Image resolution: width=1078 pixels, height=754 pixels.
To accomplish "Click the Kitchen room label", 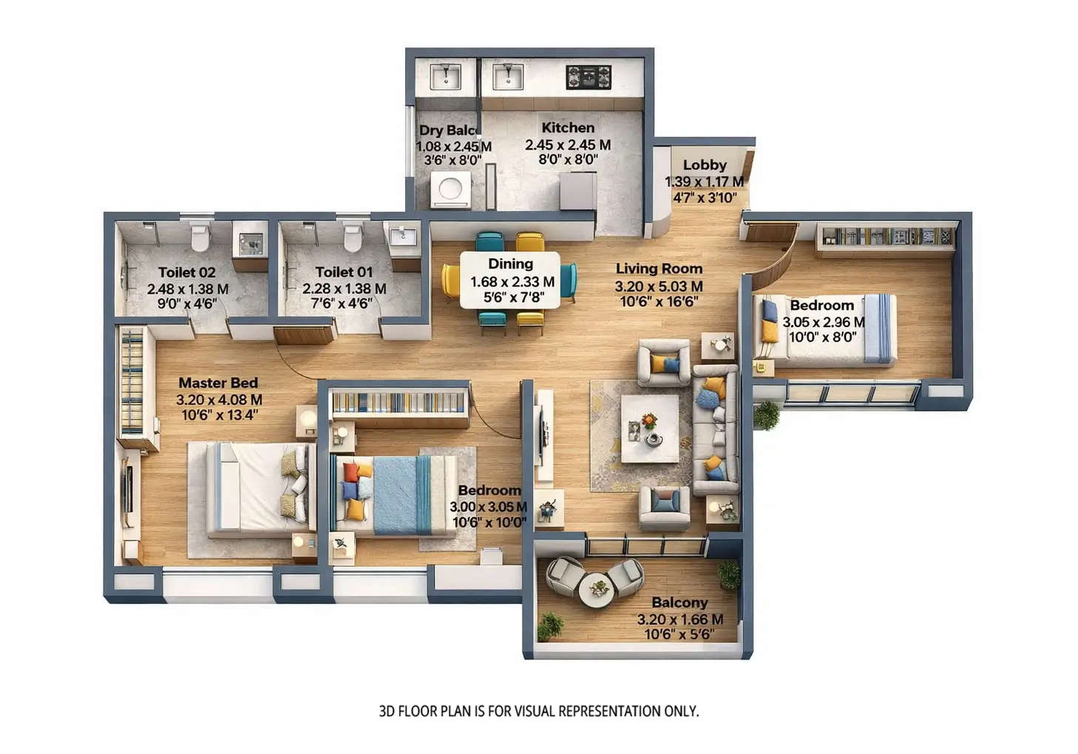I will [x=567, y=128].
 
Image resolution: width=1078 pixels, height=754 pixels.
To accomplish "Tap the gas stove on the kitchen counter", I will [x=589, y=76].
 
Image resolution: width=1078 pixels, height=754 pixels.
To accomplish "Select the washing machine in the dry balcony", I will [x=450, y=189].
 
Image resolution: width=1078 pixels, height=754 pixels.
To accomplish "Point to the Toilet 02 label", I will [x=187, y=272].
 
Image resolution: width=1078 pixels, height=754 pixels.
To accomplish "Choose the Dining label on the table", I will [x=510, y=264].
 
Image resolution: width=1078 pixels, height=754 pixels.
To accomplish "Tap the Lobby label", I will [x=704, y=165].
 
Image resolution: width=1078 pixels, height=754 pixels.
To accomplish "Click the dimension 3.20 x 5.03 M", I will [x=659, y=286].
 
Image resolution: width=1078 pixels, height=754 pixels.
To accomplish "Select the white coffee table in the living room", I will [x=649, y=428].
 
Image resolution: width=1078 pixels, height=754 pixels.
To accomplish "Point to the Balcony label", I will [x=679, y=603].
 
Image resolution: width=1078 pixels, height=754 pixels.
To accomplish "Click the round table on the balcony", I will [x=595, y=589].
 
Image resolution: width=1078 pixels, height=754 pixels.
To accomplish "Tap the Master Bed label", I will [x=218, y=383].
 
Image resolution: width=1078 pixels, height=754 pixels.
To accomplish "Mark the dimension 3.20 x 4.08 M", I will [x=219, y=400].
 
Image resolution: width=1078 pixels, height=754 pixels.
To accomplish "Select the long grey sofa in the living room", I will [x=714, y=429].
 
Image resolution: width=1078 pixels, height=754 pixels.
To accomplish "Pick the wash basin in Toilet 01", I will [x=403, y=237].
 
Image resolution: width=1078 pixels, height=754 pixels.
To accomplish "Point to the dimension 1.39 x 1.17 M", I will [x=704, y=181].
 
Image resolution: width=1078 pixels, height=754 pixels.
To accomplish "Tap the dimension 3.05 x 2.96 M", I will [x=823, y=322].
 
